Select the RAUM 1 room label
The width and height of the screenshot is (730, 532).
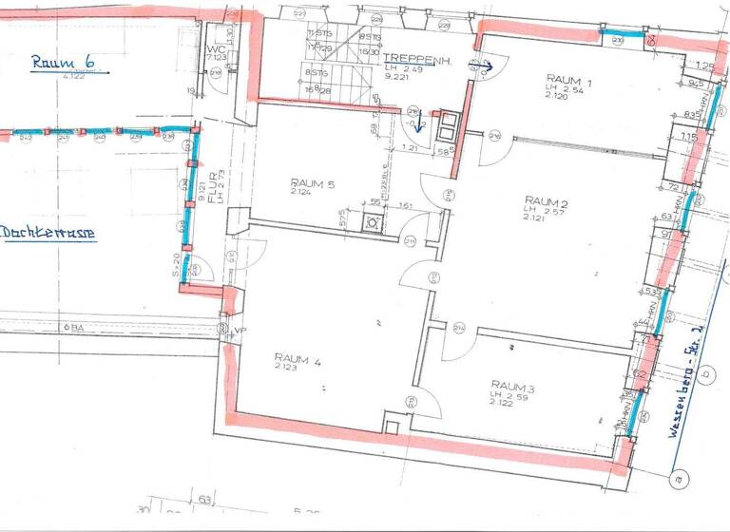point(569,81)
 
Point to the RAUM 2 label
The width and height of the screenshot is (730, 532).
point(546,200)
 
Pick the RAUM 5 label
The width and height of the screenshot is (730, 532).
point(312,184)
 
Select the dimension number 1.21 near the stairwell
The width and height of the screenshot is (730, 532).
point(410,149)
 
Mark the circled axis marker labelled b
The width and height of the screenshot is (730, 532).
point(706,373)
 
